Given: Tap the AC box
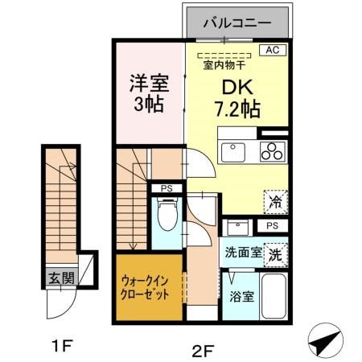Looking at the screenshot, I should coord(274,50).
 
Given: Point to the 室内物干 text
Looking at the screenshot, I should coord(224,66).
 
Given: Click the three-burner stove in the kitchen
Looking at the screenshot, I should coord(273,151).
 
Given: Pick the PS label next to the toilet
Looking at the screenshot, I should coord(167,189).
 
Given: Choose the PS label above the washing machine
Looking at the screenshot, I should coord(273,226).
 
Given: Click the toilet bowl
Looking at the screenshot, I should coord(167,216).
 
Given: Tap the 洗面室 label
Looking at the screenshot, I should coord(242,252).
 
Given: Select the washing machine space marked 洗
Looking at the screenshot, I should coord(275,253).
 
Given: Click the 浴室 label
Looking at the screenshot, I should coord(241,296).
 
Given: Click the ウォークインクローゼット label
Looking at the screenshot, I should coord(146,287).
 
